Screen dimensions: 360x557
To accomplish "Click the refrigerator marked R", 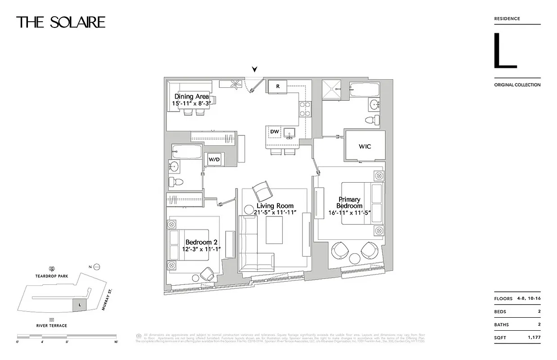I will [x=278, y=86].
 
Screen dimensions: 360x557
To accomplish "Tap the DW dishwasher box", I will [x=275, y=131].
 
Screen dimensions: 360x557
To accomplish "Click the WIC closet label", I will [x=365, y=146].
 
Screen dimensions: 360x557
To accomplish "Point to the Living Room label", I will [x=275, y=206].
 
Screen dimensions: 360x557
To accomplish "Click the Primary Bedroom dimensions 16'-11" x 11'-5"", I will [x=349, y=213].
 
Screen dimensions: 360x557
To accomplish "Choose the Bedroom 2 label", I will [x=201, y=242].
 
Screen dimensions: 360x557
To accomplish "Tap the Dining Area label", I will [x=191, y=96].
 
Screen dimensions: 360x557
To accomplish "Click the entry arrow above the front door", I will [x=255, y=69].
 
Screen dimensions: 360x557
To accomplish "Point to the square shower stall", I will [x=332, y=88].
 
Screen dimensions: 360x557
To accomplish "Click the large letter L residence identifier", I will [x=504, y=50].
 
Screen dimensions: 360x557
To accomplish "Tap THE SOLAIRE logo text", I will [x=61, y=22].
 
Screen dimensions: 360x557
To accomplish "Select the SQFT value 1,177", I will [x=534, y=337].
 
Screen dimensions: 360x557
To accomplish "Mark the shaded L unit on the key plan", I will [x=80, y=305].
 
